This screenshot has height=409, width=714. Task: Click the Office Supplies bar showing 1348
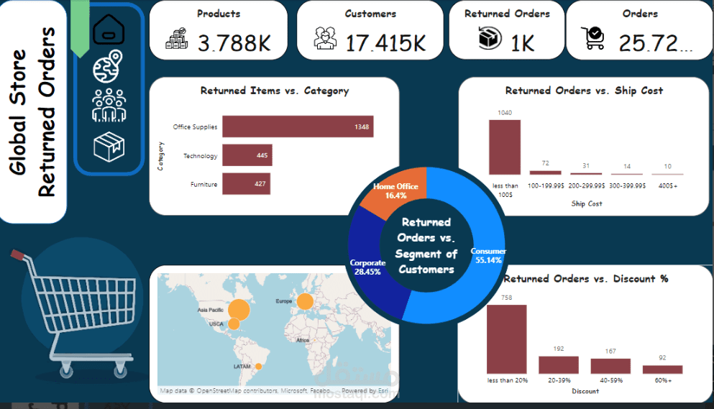tap(297, 127)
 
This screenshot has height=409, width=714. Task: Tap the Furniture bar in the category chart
tap(246, 184)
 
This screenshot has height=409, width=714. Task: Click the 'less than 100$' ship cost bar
tap(505, 148)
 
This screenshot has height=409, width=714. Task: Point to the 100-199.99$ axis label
tap(546, 185)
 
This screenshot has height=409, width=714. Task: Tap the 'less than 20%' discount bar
tap(506, 339)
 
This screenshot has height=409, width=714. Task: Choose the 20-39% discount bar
tap(559, 364)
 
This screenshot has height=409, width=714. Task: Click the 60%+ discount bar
tap(662, 369)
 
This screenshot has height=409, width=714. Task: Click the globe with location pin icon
tap(109, 66)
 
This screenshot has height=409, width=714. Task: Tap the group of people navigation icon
tap(109, 105)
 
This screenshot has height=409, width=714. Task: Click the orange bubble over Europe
tap(305, 302)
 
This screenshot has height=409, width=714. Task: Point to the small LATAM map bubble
tap(259, 366)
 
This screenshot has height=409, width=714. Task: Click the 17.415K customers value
tap(385, 43)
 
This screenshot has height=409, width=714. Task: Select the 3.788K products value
tap(234, 44)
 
